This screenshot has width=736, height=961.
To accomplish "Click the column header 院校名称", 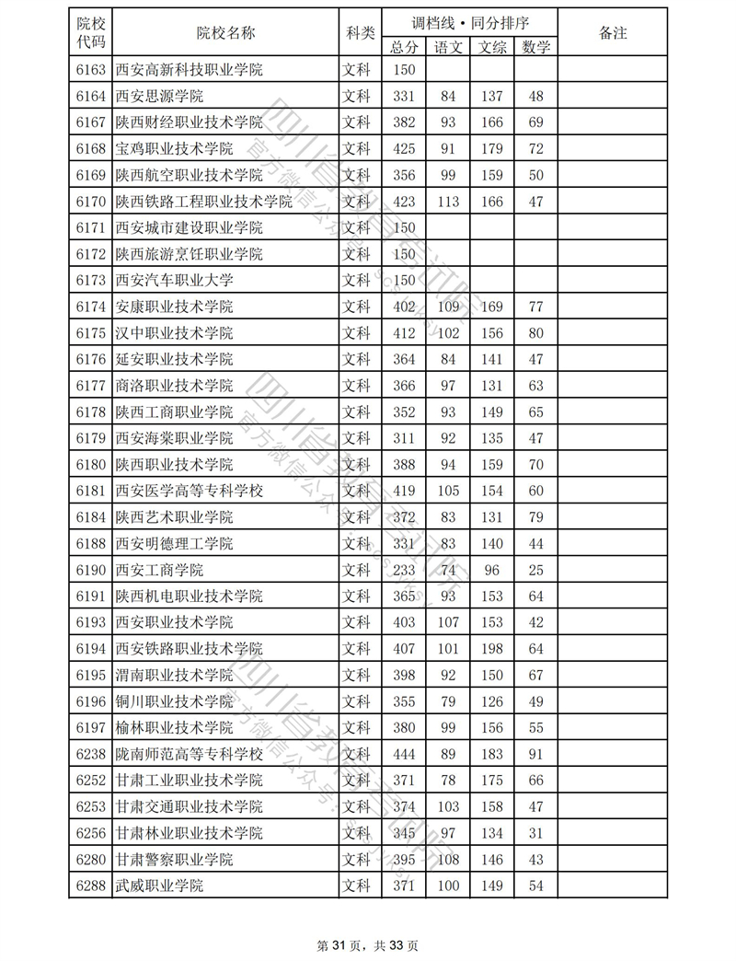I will tap(225, 33).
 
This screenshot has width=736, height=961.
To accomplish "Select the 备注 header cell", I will tap(613, 33).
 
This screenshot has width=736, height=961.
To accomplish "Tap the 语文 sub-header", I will tap(448, 47).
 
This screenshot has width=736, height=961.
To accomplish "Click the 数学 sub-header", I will tap(536, 47).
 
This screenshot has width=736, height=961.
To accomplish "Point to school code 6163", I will tap(91, 70).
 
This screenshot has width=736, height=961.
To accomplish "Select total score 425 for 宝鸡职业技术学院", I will tap(405, 149).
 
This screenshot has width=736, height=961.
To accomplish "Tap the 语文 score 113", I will tap(448, 202).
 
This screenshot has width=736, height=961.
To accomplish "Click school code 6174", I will tap(91, 307).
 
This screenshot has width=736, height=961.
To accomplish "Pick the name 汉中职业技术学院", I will tap(175, 333).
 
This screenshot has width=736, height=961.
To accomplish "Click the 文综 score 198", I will tap(492, 649).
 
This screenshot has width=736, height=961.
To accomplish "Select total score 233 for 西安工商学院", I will tap(405, 570).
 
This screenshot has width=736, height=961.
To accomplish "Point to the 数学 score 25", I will tap(536, 570).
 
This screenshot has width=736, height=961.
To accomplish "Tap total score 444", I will tap(405, 755).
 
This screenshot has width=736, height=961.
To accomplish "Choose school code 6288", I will tap(91, 886).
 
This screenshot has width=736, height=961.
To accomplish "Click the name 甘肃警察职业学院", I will tap(175, 860).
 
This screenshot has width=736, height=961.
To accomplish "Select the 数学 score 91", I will tap(536, 755).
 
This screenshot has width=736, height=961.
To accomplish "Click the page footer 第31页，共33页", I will tap(368, 944).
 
